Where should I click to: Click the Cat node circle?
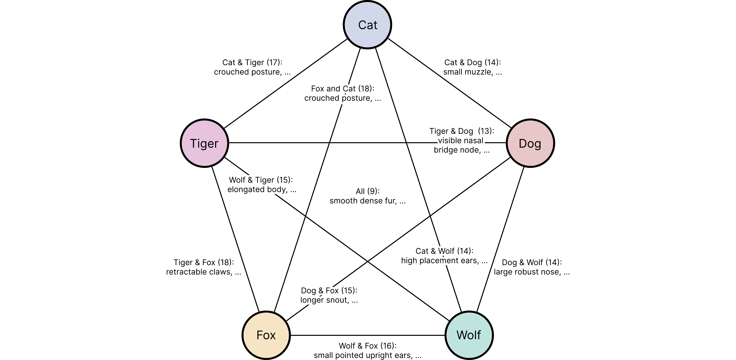pyautogui.click(x=367, y=25)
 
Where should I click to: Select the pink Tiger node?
pyautogui.click(x=204, y=143)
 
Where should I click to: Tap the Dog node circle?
pyautogui.click(x=530, y=143)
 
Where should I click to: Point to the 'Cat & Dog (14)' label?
pyautogui.click(x=473, y=63)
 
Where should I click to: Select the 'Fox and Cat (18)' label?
pyautogui.click(x=343, y=89)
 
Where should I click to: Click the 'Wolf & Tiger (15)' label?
pyautogui.click(x=261, y=180)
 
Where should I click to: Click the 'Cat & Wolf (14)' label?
pyautogui.click(x=444, y=251)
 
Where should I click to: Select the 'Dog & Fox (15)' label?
pyautogui.click(x=329, y=291)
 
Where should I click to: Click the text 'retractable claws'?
pyautogui.click(x=199, y=272)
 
